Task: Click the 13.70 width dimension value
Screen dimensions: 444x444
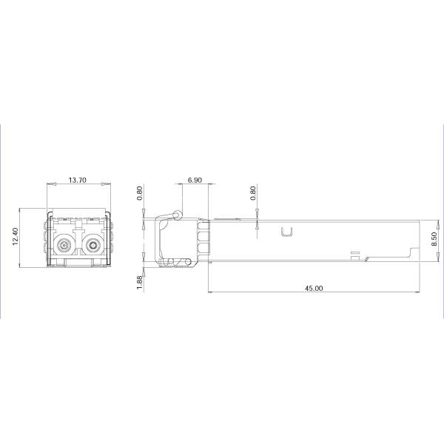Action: point(78,180)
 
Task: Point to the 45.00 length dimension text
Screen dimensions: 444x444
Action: point(314,288)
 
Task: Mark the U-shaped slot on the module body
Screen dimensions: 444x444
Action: point(287,232)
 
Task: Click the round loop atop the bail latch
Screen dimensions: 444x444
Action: point(176,215)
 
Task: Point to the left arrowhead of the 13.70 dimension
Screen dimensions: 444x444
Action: point(49,184)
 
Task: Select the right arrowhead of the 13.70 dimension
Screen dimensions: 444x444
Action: point(109,184)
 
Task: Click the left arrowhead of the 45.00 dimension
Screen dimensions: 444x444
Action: point(209,292)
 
